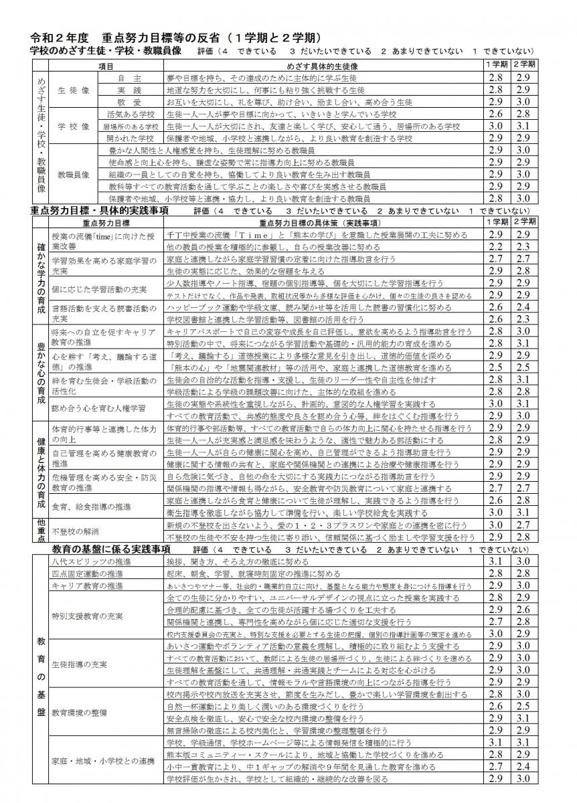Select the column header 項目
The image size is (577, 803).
(105, 66)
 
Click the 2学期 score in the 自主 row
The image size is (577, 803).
(523, 78)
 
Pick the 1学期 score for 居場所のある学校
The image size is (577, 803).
(496, 126)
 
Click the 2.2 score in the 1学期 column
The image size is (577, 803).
(496, 246)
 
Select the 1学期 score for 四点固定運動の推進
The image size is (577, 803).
(496, 573)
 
